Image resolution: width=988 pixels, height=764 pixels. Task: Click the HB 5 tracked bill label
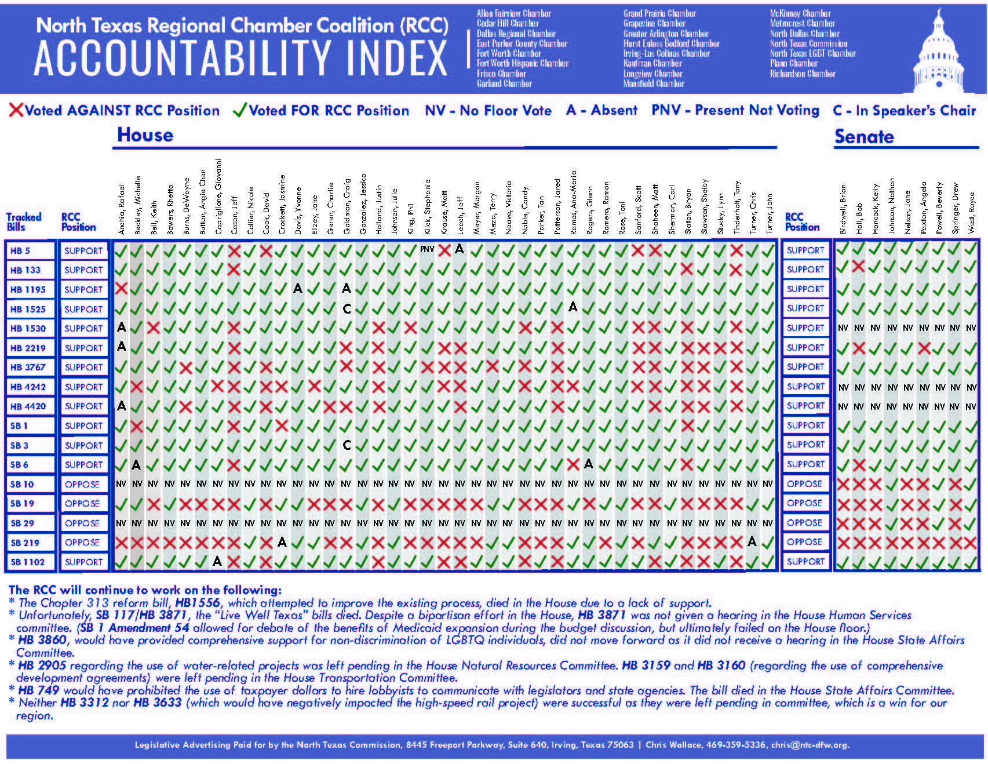(20, 251)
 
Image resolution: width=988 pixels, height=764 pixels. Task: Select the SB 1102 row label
(27, 562)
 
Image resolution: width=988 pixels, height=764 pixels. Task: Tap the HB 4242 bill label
(27, 387)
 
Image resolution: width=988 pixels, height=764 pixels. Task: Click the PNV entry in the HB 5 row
(427, 249)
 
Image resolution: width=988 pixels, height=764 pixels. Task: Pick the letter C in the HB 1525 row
(347, 309)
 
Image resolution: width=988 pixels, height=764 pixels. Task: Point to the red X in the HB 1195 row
(121, 289)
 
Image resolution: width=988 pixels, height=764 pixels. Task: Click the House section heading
(145, 135)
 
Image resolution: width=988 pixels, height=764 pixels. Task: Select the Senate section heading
(864, 137)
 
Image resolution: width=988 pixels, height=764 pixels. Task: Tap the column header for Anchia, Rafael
(122, 209)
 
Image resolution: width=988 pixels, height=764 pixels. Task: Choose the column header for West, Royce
(972, 213)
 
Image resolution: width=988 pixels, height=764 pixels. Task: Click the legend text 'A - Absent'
(601, 110)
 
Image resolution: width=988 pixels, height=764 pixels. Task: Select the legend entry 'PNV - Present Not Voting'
(735, 110)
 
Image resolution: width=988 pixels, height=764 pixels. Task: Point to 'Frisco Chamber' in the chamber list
(501, 74)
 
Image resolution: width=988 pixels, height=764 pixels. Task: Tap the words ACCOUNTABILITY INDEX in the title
(240, 59)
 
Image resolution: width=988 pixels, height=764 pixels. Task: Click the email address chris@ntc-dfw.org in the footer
(810, 745)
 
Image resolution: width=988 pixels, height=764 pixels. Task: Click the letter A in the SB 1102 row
(217, 561)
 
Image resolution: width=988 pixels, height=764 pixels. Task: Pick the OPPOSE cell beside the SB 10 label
(82, 484)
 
